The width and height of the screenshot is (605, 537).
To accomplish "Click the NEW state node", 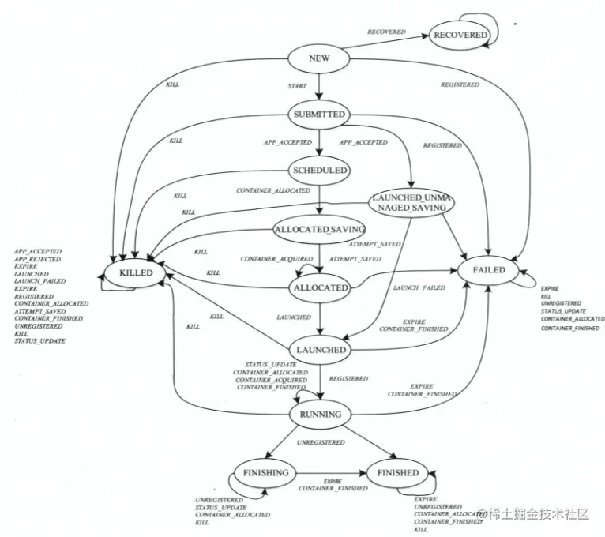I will tap(319, 59).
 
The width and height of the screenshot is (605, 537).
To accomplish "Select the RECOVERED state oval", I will tap(460, 36).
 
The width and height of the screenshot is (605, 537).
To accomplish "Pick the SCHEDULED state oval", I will tap(319, 170).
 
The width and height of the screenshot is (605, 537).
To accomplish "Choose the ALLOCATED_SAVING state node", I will tap(319, 229).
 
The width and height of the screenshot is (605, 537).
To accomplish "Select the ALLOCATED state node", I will tap(320, 288).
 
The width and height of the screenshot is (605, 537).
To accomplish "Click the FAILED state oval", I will tap(488, 270).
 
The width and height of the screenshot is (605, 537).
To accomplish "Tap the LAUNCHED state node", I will tap(320, 350).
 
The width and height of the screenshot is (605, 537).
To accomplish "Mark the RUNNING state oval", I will tap(321, 414).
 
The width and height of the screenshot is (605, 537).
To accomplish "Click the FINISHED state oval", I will tap(397, 473).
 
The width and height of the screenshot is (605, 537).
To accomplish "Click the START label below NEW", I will tap(298, 84).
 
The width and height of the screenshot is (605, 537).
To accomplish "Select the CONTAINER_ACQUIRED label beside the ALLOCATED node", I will tap(268, 259).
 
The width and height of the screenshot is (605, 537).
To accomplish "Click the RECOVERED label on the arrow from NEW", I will tap(386, 32).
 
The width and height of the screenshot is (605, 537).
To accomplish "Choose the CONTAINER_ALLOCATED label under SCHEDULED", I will tap(273, 191).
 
